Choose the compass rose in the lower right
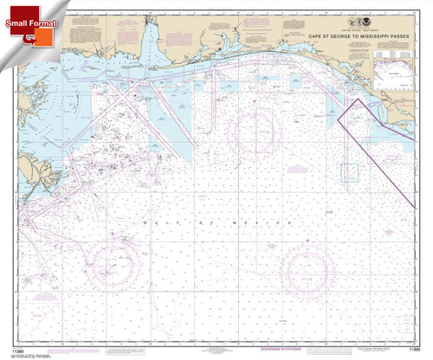pos(309,270)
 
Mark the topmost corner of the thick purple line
pos(355,99)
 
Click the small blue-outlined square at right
pos(350,173)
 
